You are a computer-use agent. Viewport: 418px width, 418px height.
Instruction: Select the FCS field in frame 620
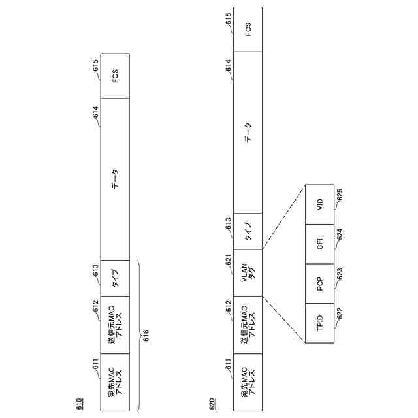click(248, 29)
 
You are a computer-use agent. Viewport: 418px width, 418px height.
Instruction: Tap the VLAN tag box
click(248, 272)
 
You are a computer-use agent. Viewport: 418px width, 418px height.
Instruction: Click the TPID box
click(320, 323)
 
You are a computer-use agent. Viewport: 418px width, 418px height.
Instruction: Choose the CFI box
click(320, 244)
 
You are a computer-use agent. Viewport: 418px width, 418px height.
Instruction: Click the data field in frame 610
click(115, 178)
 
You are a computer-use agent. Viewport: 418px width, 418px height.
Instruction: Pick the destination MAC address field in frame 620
click(248, 382)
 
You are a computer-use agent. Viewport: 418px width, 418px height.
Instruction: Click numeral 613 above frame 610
click(95, 269)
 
